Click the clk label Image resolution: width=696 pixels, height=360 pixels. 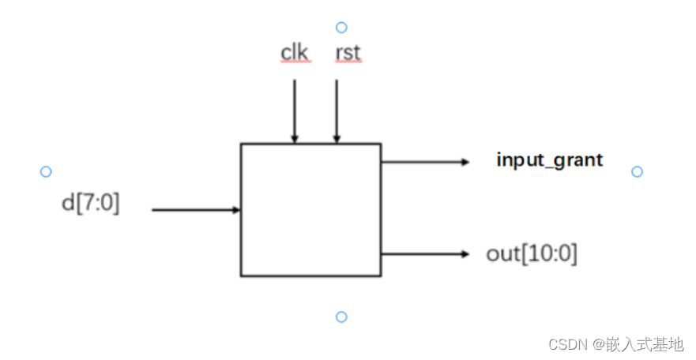[294, 53]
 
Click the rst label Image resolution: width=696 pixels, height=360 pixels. [348, 53]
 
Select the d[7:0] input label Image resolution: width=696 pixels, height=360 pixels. [91, 203]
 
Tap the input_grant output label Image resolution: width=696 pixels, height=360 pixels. [550, 160]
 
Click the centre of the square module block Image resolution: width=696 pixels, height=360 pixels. [310, 209]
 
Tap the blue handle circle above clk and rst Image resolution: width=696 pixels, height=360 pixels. [341, 28]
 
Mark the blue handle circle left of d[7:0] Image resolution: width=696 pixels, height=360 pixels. [46, 171]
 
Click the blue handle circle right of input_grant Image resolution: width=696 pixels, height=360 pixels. [638, 171]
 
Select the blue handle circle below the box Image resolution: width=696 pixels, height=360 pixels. [341, 317]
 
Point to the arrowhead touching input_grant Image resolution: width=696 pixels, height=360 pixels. [465, 162]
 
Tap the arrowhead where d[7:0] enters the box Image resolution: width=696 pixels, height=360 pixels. [236, 210]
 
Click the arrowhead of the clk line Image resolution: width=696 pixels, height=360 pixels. [295, 139]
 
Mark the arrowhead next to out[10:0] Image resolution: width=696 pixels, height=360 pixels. [465, 253]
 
